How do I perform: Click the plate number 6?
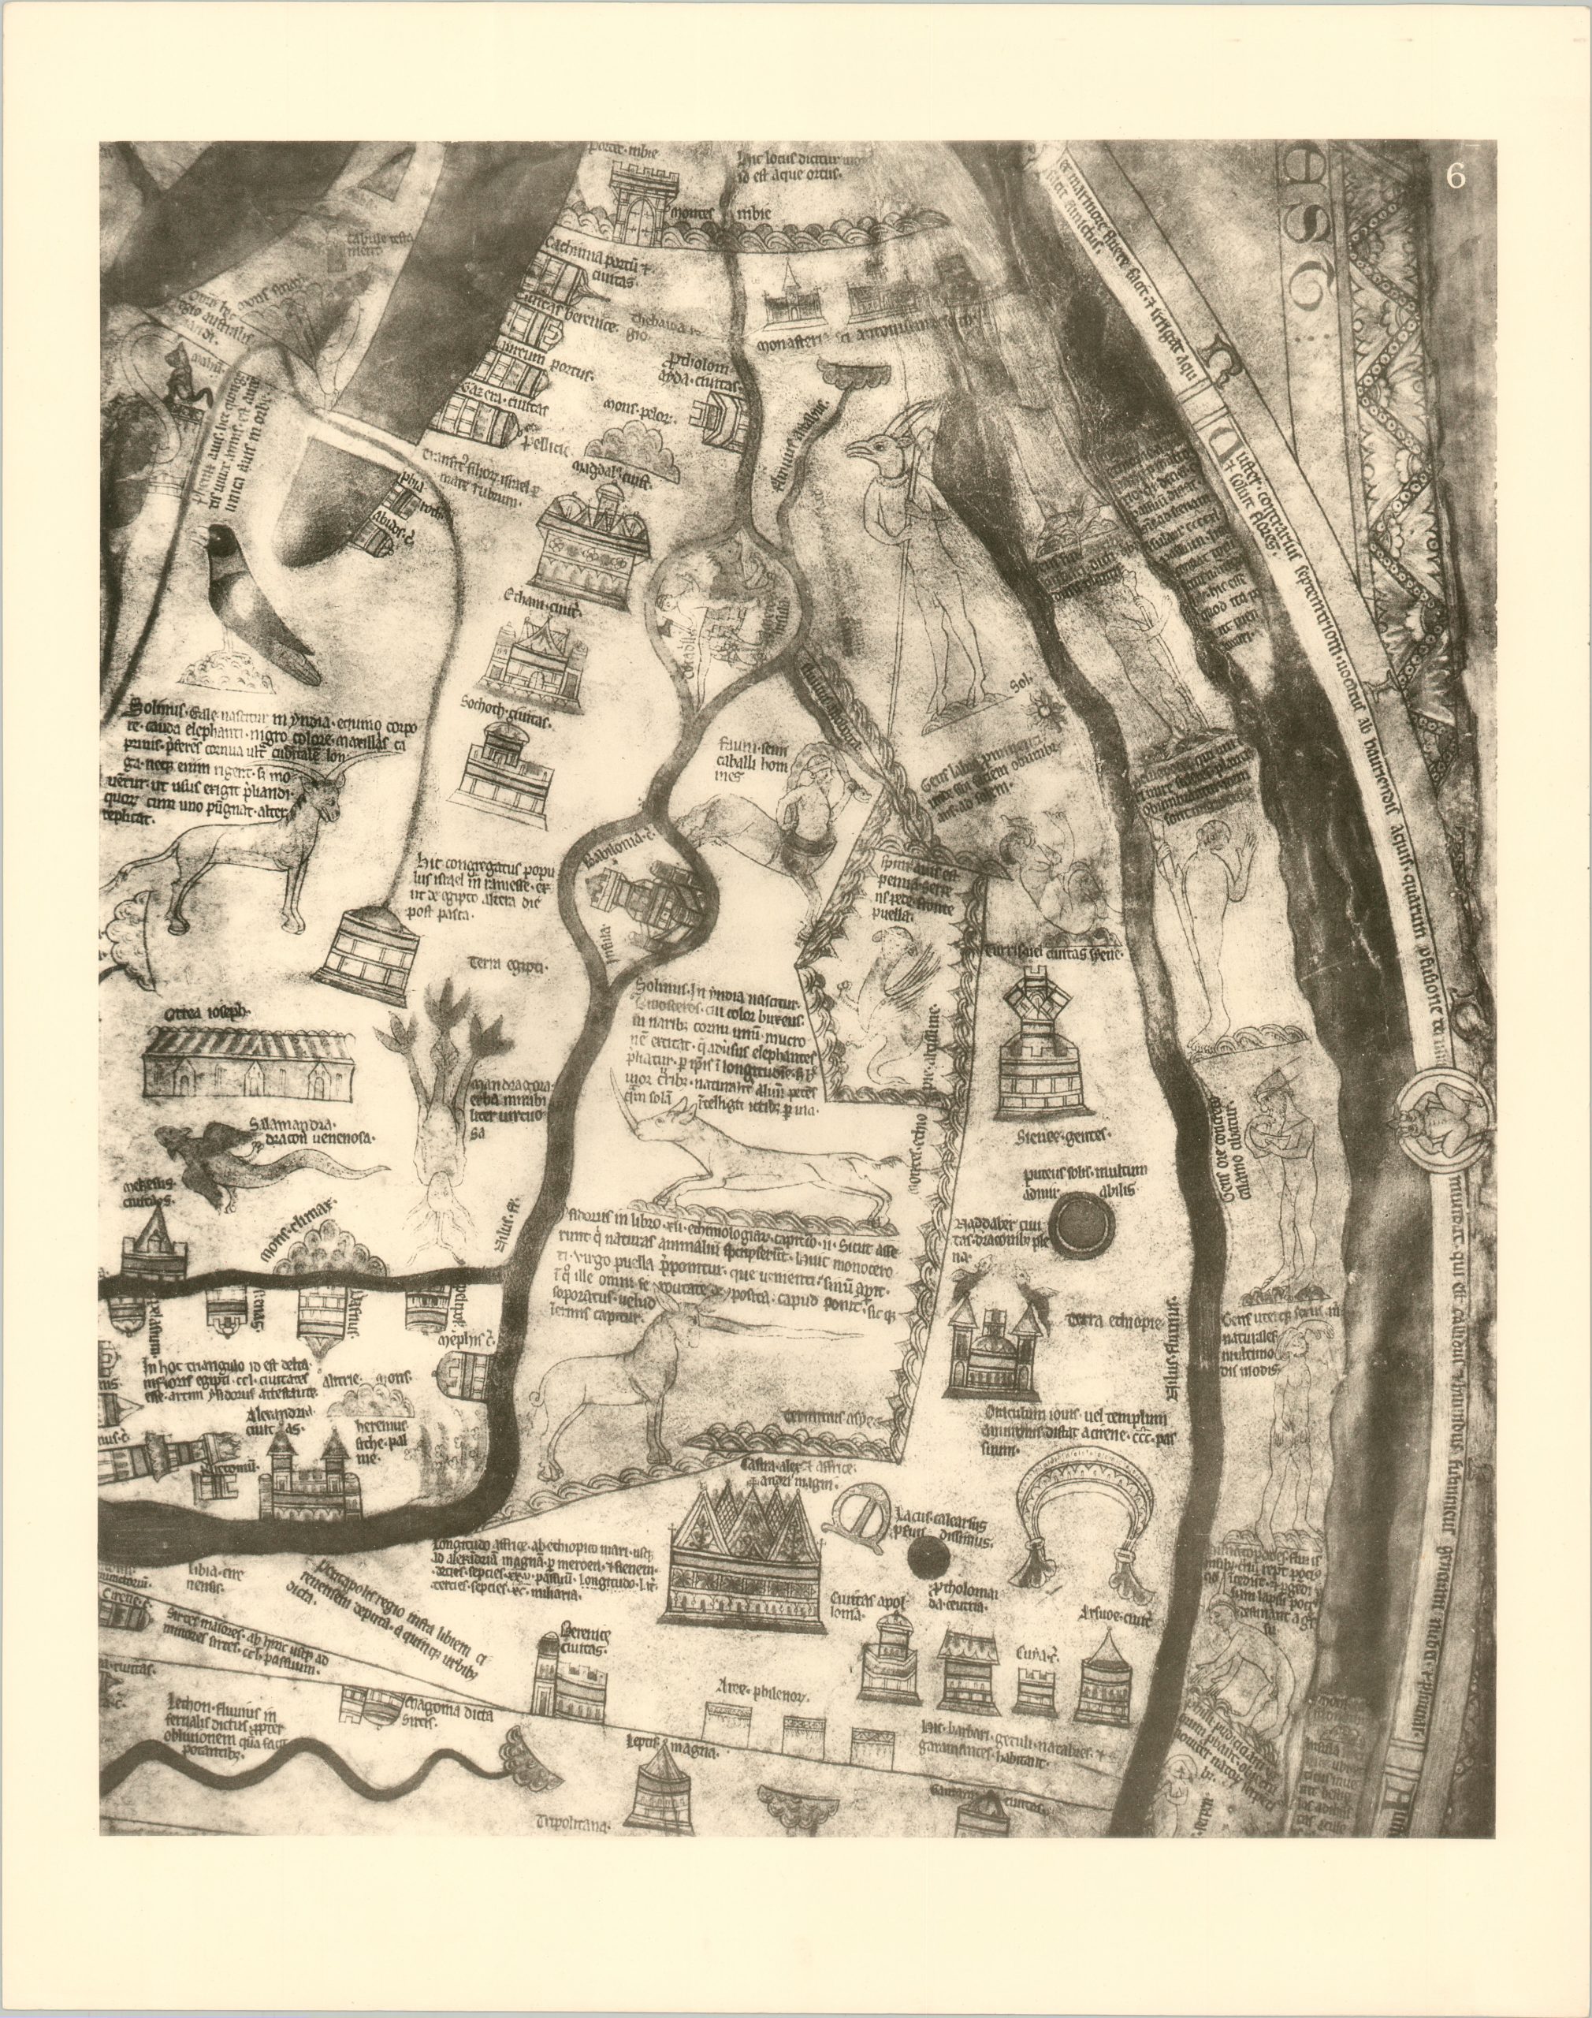pyautogui.click(x=1456, y=178)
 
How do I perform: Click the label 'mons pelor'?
pyautogui.click(x=638, y=408)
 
